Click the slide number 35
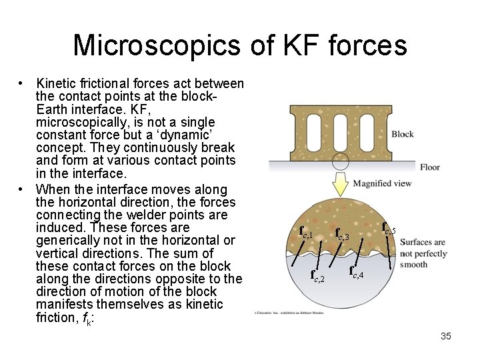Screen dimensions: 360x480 446,336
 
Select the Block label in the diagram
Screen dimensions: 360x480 403,134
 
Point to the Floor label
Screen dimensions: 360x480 430,167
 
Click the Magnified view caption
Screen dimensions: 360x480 382,183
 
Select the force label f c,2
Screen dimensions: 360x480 318,275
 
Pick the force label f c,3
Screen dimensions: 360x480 342,234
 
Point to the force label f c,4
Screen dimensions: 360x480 357,271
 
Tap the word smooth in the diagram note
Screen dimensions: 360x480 413,264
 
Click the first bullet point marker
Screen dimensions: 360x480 22,84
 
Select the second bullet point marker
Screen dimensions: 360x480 22,189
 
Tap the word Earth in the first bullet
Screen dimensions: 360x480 52,109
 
